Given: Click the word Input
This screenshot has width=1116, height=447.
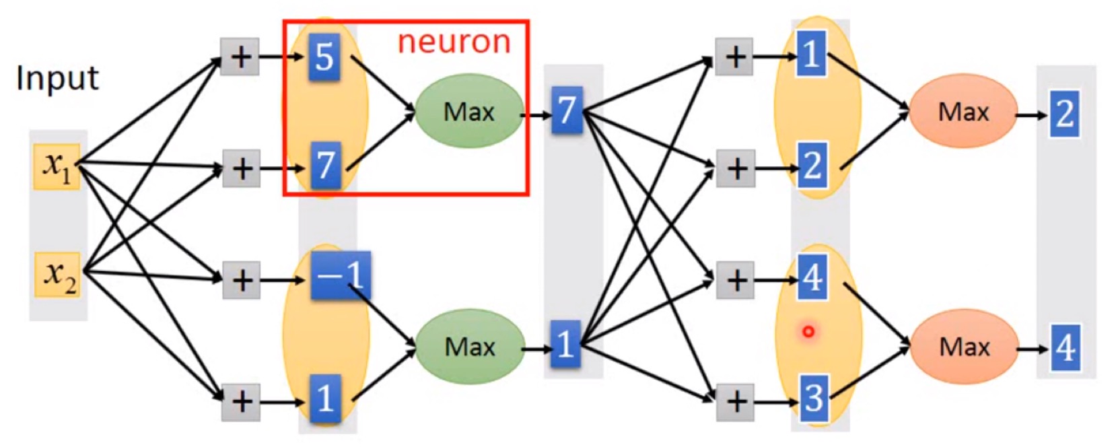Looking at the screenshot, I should (57, 78).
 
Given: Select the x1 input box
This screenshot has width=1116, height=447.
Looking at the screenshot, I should (57, 166).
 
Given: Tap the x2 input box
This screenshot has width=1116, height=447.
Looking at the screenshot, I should (57, 275).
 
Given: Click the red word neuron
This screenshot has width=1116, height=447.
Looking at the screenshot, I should (454, 42).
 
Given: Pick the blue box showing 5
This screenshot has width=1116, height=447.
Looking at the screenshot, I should (324, 57).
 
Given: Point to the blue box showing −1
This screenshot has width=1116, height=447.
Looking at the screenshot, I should (341, 275).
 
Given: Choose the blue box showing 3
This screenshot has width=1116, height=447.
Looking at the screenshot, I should (813, 397).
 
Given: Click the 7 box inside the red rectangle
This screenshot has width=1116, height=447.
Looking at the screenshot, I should (325, 165).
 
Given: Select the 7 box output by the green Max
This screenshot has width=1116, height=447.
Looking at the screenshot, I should (567, 110).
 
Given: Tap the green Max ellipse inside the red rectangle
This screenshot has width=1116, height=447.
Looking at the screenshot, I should (469, 111).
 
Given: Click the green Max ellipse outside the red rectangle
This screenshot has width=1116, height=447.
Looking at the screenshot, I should (470, 347).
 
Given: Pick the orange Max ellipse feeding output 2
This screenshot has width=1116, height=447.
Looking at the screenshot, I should (963, 111).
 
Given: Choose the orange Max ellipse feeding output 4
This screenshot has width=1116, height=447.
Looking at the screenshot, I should (964, 347).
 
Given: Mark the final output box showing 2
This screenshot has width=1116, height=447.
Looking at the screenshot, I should (1064, 114).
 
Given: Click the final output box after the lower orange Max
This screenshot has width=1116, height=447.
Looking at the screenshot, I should (1065, 348).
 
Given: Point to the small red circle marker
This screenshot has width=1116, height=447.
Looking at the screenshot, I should (808, 331).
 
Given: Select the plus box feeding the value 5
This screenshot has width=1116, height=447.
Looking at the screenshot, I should (240, 57).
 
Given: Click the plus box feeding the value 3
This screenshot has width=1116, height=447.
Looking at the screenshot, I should (735, 402).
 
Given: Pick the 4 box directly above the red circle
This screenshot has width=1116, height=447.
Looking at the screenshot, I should (812, 277).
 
